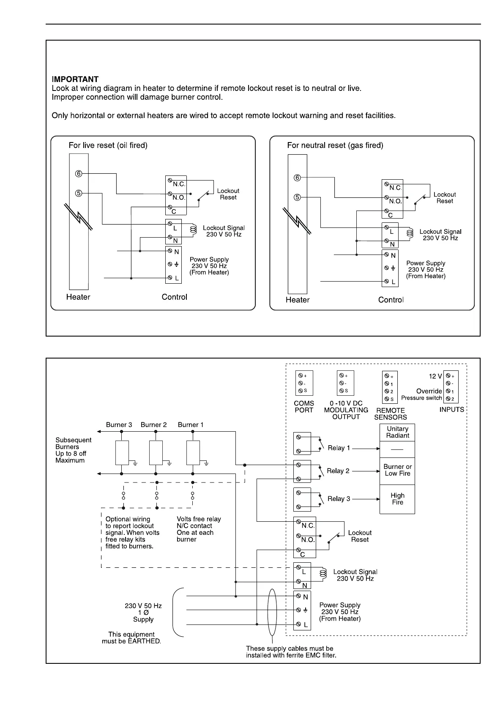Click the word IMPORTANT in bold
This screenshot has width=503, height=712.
(75, 79)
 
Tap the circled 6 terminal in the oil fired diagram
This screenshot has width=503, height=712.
(79, 173)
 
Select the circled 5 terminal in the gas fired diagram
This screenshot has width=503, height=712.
(298, 197)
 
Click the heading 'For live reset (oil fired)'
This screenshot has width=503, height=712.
(108, 145)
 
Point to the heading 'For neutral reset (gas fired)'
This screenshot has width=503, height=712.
(335, 145)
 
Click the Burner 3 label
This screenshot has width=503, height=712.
(119, 424)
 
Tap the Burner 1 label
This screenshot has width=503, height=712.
(191, 424)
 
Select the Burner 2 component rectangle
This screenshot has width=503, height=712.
(156, 453)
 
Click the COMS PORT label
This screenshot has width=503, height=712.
(304, 407)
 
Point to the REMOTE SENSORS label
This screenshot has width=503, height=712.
(391, 414)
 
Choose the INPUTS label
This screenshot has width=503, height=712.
(452, 409)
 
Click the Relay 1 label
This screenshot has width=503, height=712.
(339, 448)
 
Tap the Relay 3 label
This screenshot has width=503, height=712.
(339, 499)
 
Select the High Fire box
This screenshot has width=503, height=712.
(397, 499)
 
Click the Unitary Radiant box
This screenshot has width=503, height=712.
(397, 432)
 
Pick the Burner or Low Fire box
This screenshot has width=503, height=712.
(397, 470)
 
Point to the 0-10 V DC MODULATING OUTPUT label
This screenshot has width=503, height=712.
(346, 410)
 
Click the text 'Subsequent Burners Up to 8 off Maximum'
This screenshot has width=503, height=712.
(74, 450)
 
